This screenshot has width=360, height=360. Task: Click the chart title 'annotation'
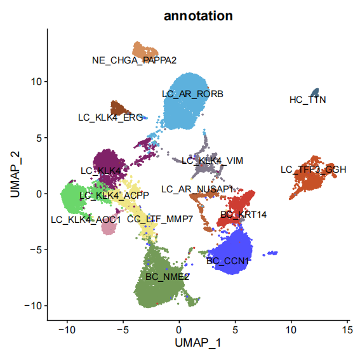[x=198, y=16]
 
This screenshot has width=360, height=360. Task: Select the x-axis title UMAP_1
[x=198, y=343]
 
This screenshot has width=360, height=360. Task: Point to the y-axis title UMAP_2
[x=16, y=174]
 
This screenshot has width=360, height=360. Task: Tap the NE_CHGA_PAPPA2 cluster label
[x=135, y=60]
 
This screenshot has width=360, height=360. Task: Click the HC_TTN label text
[x=308, y=100]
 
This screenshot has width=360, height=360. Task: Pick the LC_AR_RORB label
[x=192, y=94]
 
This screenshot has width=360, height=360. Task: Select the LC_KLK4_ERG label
[x=110, y=117]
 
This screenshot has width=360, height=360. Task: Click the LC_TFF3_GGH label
[x=314, y=170]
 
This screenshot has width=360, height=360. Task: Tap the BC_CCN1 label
[x=227, y=261]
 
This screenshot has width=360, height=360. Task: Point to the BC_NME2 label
[x=168, y=277]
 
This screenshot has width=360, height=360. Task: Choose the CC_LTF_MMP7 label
[x=160, y=219]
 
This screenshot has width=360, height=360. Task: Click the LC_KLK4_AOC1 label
[x=86, y=220]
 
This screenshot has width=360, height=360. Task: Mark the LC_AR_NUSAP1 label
[x=197, y=189]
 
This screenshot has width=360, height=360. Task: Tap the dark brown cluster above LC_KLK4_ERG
[x=118, y=108]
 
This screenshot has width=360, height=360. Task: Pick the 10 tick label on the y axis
[x=37, y=81]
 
